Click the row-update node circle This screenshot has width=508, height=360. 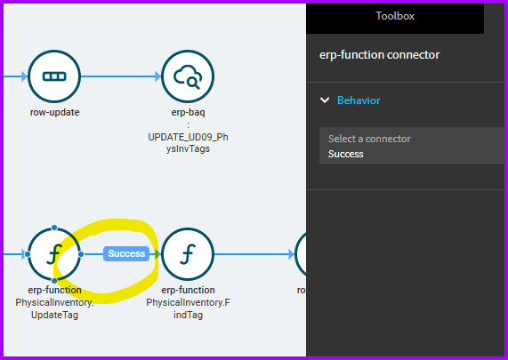pos(54,76)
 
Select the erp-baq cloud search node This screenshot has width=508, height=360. pos(188,76)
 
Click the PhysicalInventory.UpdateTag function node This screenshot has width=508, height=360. pos(54,254)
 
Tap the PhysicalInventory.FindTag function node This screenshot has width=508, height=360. pos(188,254)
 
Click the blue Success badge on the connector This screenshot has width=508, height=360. pos(126,253)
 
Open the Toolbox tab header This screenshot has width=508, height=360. pos(395,16)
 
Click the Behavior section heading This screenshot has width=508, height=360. pos(359,100)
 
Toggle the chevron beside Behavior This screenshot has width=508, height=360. pos(325,100)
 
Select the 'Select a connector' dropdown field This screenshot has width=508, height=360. pos(411,146)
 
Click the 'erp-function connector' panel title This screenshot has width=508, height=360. pos(379,55)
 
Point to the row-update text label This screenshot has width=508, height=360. pos(54,112)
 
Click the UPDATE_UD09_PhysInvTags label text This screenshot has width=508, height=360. pos(188,143)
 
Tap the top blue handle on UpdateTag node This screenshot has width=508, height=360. pos(54,228)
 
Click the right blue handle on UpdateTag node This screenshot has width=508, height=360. pos(81,254)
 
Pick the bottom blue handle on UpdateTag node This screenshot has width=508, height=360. pos(54,281)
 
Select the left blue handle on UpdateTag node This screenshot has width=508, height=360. pos(28,254)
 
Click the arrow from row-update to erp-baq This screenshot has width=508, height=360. pos(121,76)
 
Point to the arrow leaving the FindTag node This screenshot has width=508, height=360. pos(254,254)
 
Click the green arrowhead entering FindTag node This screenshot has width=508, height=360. pos(157,254)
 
